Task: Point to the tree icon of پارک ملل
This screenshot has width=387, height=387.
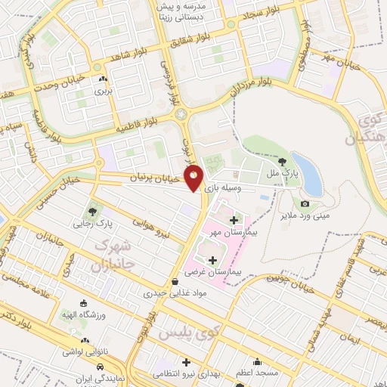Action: click(281, 161)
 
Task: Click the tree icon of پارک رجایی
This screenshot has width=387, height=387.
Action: click(93, 211)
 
